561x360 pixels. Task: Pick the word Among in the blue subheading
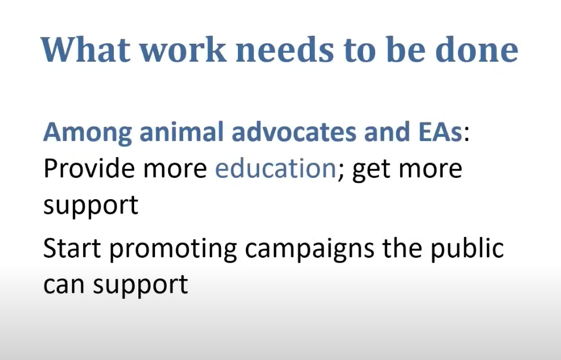[88, 133]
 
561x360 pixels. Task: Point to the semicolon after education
[340, 172]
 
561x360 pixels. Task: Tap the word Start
[72, 248]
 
